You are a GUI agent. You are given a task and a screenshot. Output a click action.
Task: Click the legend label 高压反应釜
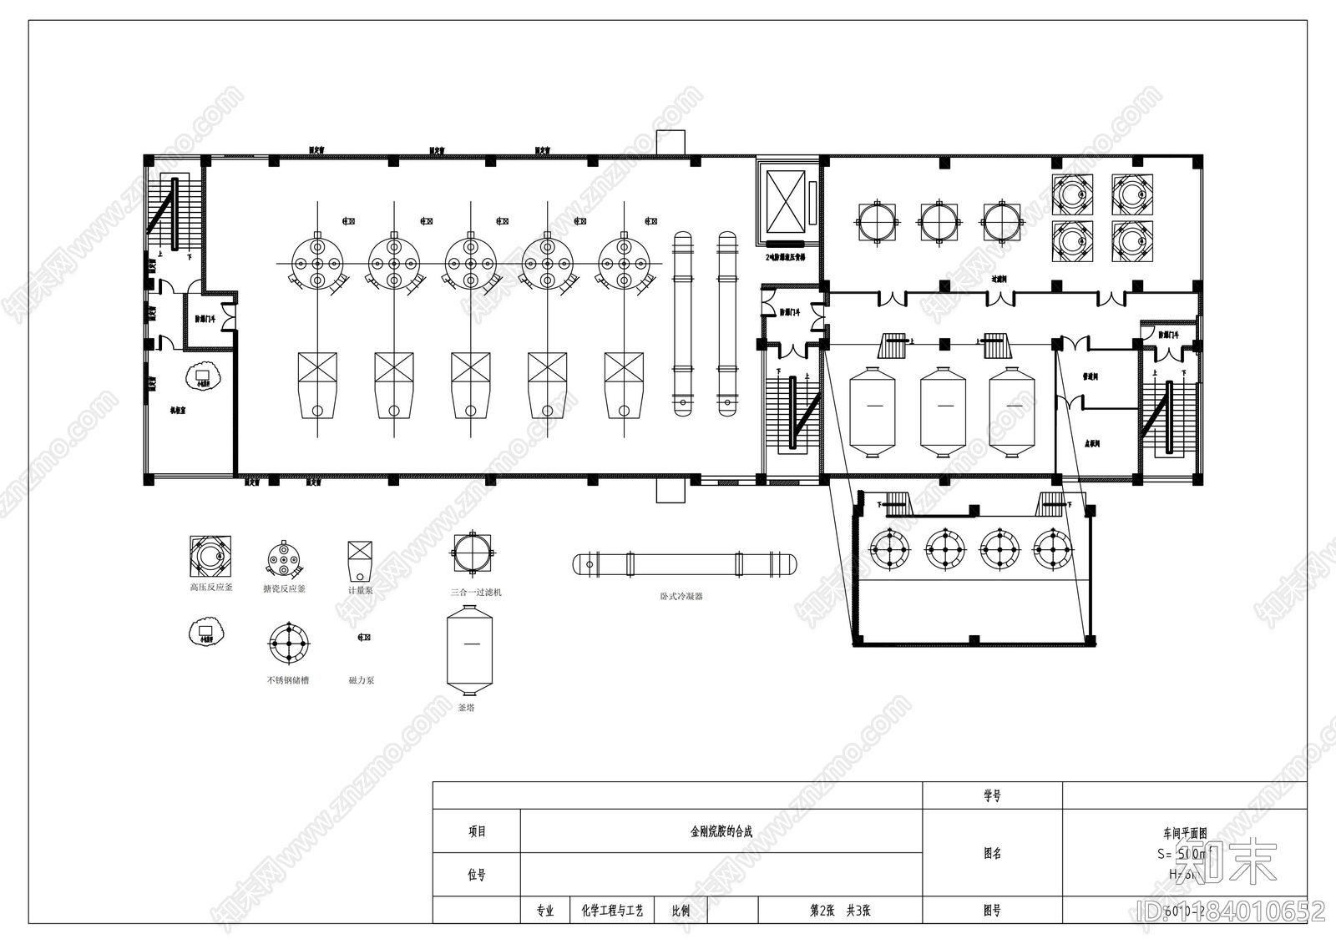click(211, 588)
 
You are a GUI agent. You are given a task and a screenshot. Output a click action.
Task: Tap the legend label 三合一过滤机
click(476, 592)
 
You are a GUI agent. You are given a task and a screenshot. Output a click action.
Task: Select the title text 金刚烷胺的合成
click(721, 831)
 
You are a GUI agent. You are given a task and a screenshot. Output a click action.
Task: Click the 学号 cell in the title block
click(991, 796)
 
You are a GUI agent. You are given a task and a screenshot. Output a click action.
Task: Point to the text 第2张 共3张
click(840, 911)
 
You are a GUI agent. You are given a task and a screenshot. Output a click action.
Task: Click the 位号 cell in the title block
click(476, 875)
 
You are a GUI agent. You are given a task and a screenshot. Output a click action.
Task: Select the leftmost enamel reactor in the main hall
click(317, 263)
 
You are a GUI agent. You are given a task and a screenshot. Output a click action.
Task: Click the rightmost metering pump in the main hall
click(624, 385)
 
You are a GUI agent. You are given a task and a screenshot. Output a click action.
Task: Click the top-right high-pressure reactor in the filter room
click(1132, 194)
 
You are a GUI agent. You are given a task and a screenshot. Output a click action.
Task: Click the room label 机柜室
click(180, 410)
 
